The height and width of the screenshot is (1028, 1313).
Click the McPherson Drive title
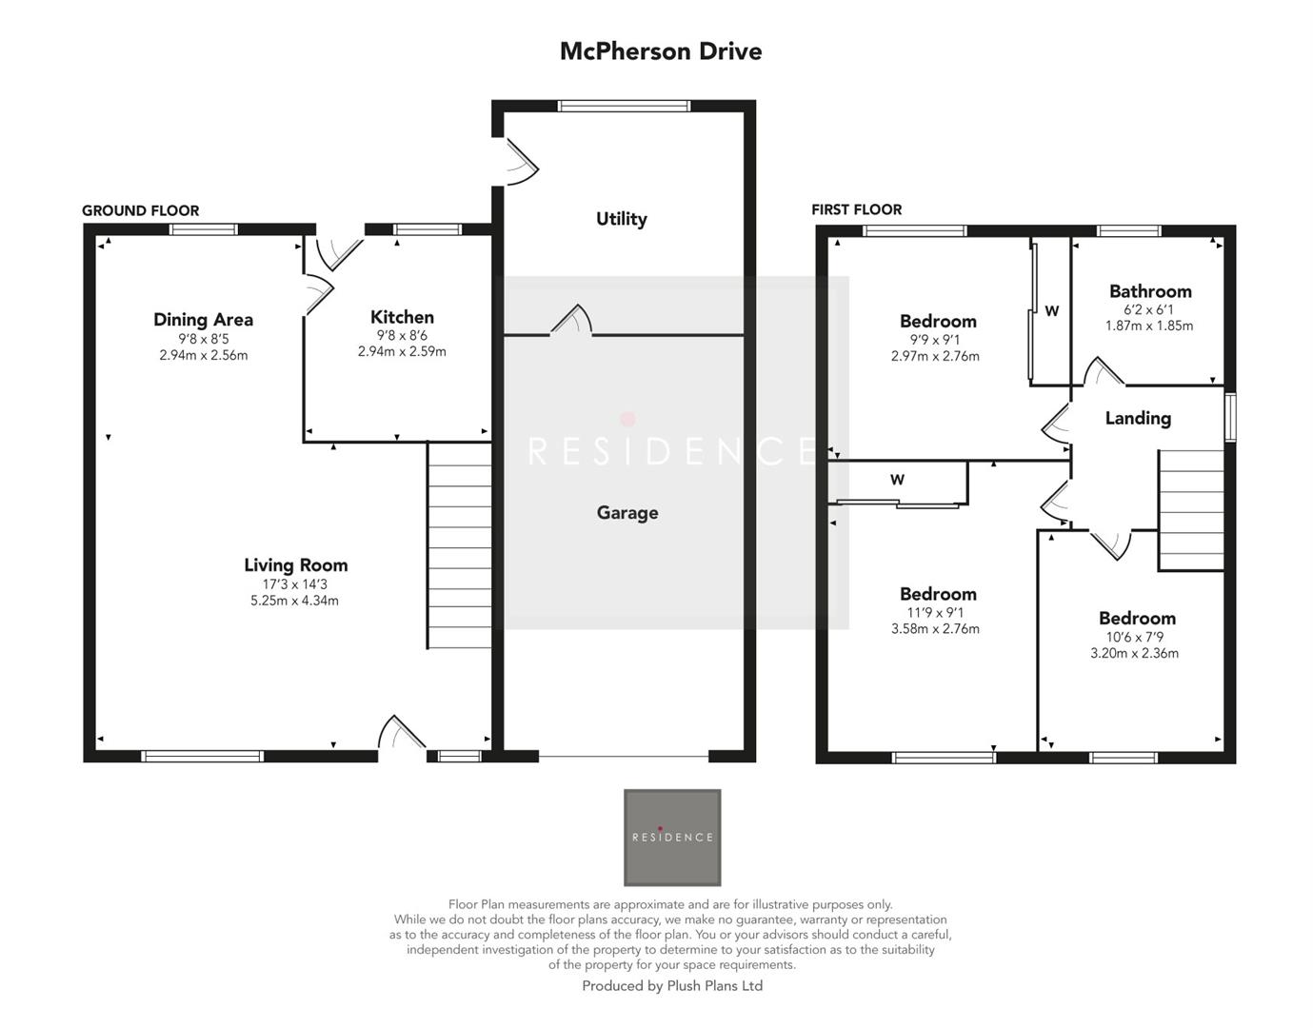click(x=660, y=51)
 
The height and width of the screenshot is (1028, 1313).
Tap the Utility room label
click(x=621, y=219)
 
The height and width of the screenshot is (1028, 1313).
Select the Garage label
click(x=627, y=513)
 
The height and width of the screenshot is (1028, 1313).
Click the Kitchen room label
click(x=402, y=318)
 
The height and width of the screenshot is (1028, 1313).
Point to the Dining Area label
click(x=203, y=320)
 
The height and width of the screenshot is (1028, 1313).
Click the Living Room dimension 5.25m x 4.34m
click(x=294, y=601)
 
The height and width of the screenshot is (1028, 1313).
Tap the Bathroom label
click(x=1149, y=291)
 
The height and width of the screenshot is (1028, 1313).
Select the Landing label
click(x=1137, y=418)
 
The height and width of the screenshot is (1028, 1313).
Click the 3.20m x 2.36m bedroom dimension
click(x=1134, y=653)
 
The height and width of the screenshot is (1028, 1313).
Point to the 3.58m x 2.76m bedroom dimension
click(x=935, y=628)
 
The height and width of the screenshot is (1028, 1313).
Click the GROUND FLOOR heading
click(x=140, y=211)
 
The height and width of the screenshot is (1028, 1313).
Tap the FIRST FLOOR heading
click(x=856, y=209)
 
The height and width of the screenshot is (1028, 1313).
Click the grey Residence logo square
click(x=672, y=838)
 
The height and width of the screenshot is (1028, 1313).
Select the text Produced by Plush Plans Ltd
click(x=672, y=986)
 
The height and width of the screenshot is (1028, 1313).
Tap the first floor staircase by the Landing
click(x=1190, y=511)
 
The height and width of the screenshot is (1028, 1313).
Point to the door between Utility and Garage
click(x=571, y=321)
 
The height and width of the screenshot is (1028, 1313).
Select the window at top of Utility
click(x=624, y=106)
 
